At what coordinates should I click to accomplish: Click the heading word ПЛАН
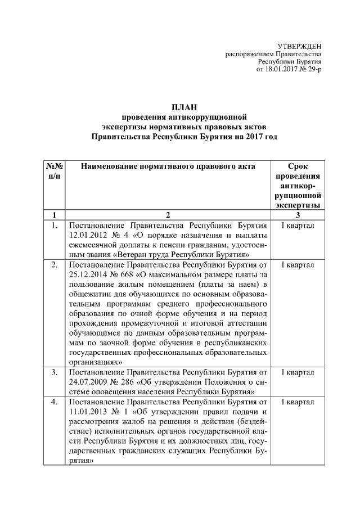[x=184, y=107]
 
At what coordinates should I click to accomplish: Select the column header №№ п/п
[x=54, y=172]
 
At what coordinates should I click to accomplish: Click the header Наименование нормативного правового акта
[x=168, y=166]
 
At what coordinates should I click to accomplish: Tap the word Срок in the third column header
[x=298, y=166]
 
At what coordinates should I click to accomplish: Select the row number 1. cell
[x=54, y=226]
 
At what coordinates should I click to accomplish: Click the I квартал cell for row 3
[x=298, y=372]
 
